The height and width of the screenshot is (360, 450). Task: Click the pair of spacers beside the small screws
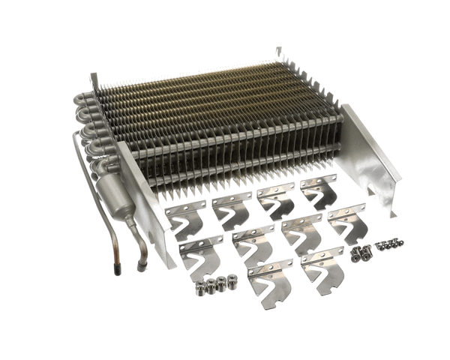click(361, 253)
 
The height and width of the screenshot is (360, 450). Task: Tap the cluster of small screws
click(389, 244)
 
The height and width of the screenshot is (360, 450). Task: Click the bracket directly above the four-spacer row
click(200, 255)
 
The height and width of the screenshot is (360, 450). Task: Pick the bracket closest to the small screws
click(346, 222)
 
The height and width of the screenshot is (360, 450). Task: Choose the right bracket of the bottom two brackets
click(322, 268)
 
